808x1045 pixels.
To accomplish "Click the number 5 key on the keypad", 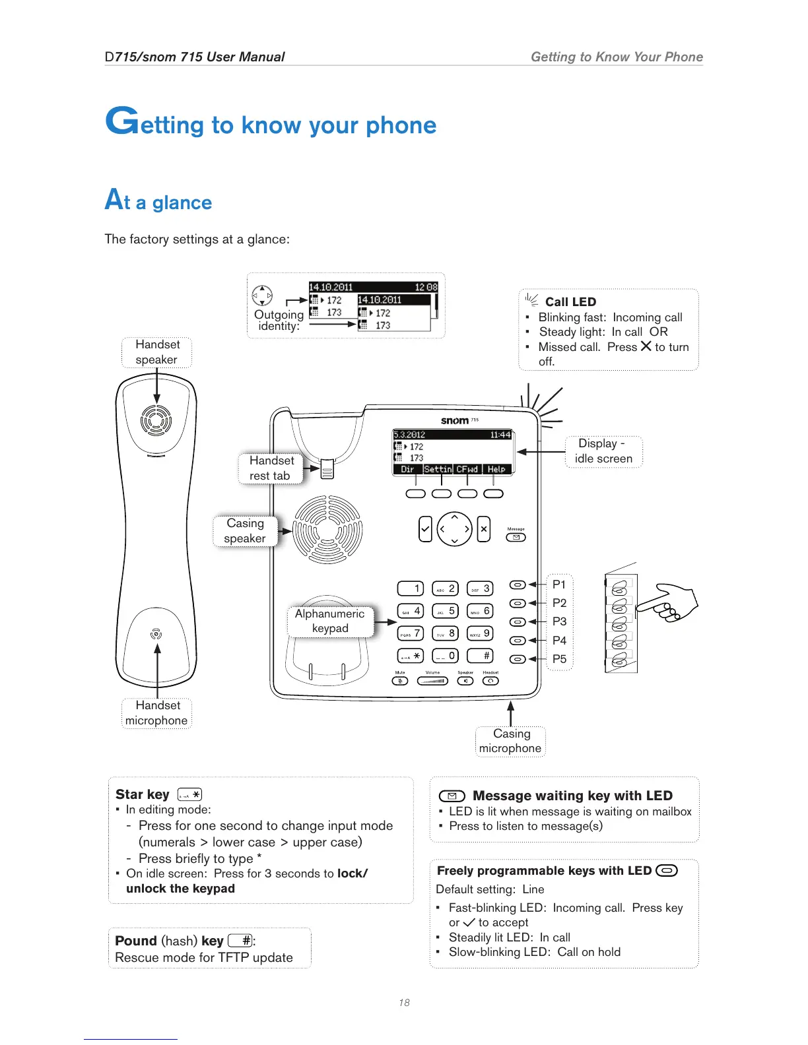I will pos(445,612).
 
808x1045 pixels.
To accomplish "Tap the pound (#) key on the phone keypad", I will pos(480,656).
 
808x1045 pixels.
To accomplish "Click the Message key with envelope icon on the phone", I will pos(516,538).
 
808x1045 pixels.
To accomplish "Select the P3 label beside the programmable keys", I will pos(559,621).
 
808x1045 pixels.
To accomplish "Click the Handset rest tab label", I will pos(271,468).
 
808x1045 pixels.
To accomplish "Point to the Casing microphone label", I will pos(510,741).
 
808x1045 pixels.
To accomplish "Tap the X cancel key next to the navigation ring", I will pos(484,529).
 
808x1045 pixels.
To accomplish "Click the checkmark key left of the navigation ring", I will pos(425,529).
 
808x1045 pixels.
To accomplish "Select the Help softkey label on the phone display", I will pos(496,469).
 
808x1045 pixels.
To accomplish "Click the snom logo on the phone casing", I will pos(455,420).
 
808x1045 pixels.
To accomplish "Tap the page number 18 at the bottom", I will pos(404,1003).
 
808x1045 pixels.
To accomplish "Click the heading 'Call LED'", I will pos(570,302).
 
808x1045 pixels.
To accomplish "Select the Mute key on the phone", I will pos(400,681).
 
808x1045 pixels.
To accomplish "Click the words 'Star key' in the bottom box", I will pos(143,794).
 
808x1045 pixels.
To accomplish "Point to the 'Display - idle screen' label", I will pos(603,451).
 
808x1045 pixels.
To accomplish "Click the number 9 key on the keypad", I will pos(480,634).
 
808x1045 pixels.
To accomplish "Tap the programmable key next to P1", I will pos(518,585).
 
